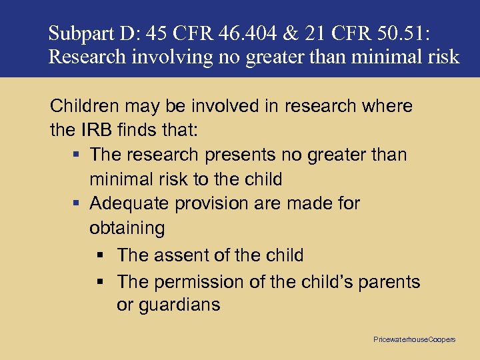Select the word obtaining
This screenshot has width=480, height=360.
(x=127, y=229)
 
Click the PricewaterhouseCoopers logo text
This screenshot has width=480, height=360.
(x=414, y=339)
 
